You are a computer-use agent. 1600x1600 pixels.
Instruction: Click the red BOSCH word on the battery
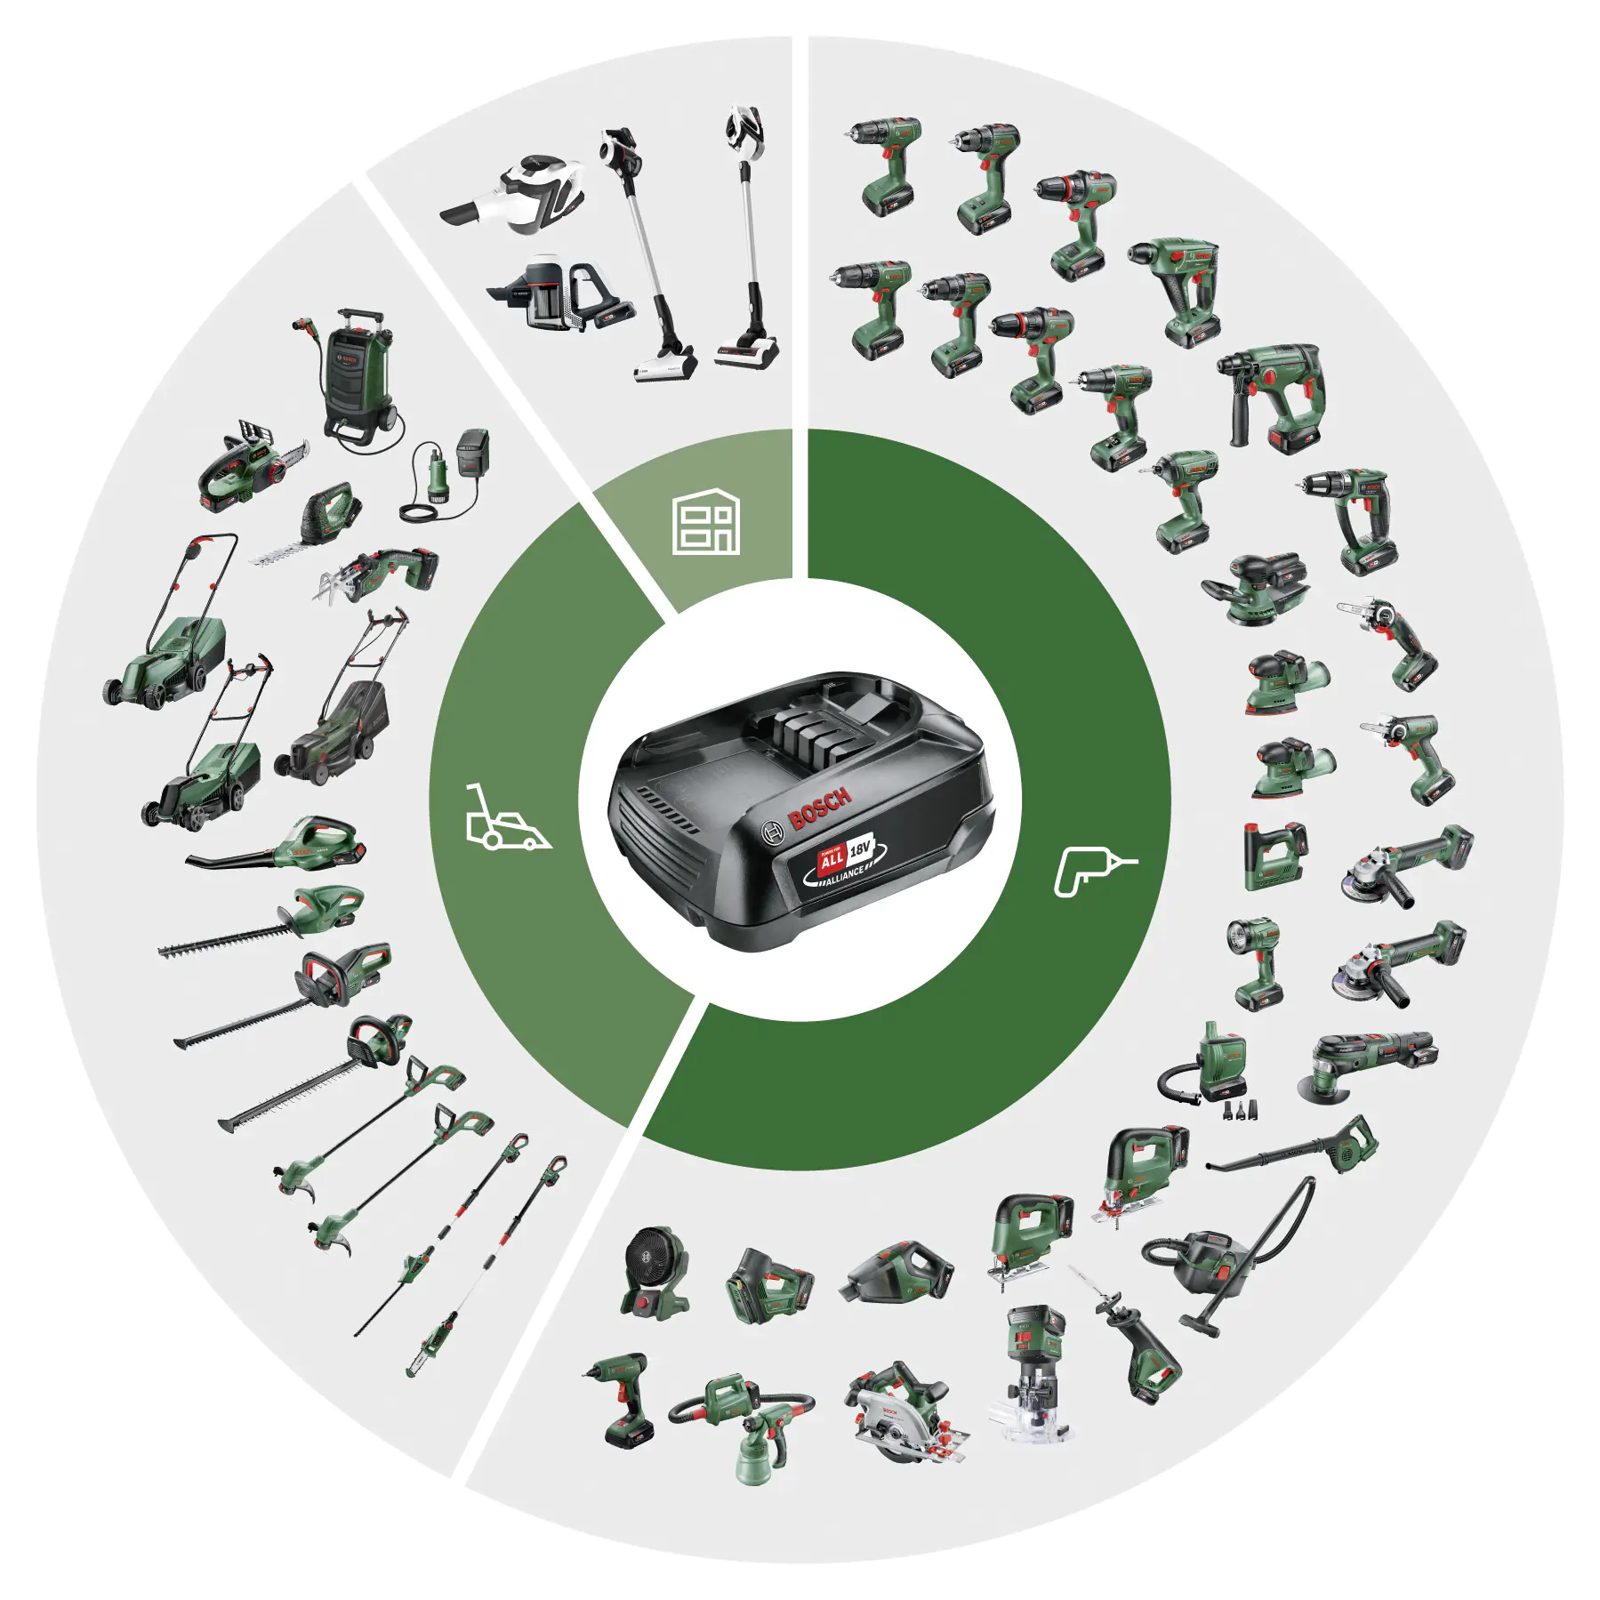[x=819, y=807]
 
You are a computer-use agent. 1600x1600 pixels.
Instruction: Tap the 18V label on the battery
[x=860, y=848]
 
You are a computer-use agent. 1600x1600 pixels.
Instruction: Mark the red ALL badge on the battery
[x=831, y=861]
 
